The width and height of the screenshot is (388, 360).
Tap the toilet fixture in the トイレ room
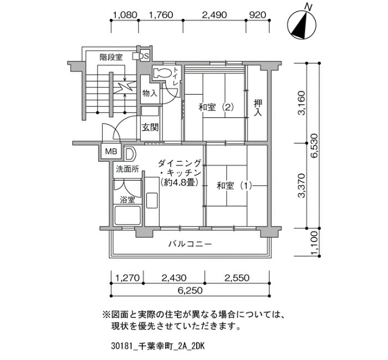click(162, 73)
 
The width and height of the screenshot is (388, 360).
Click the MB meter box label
click(111, 151)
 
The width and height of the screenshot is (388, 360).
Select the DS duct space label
click(144, 56)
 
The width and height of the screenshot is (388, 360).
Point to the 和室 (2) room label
click(217, 107)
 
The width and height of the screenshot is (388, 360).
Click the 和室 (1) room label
click(234, 186)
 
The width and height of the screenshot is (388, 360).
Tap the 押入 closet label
click(258, 107)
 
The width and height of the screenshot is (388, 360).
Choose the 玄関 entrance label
click(150, 127)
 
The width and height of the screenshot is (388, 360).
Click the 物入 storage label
click(150, 93)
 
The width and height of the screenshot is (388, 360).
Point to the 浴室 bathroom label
click(127, 200)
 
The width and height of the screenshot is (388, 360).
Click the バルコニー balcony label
click(190, 244)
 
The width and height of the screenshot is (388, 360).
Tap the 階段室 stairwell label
click(111, 58)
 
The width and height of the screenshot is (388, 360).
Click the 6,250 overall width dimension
click(190, 290)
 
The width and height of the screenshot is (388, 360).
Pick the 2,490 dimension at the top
click(215, 15)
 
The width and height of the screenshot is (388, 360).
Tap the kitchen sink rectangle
click(152, 200)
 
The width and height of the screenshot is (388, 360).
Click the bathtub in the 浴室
click(127, 214)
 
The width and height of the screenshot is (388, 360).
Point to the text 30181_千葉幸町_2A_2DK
click(158, 346)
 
